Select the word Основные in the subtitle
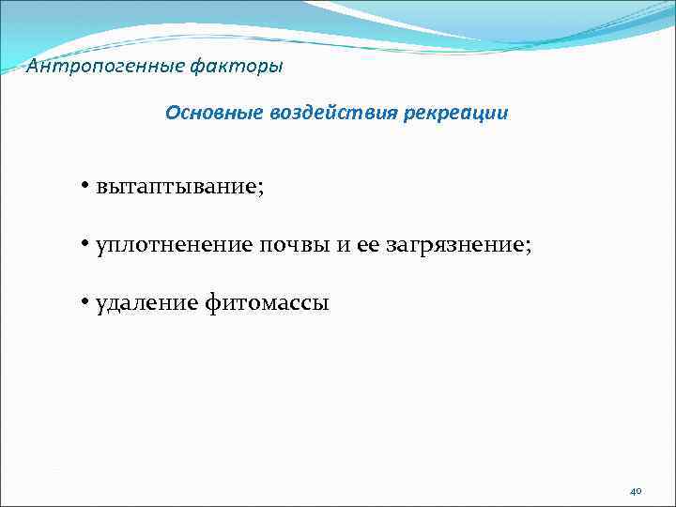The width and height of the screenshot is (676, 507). click(x=212, y=114)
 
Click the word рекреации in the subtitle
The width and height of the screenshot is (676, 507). click(x=457, y=114)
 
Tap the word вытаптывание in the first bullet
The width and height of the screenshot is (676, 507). click(x=175, y=186)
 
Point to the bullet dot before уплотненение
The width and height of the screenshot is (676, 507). click(x=84, y=244)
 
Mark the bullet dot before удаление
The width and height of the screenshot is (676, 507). click(x=84, y=302)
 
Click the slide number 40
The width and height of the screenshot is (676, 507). click(x=636, y=491)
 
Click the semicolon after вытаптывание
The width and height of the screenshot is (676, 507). click(x=262, y=189)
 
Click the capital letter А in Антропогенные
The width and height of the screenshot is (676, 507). click(x=33, y=67)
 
